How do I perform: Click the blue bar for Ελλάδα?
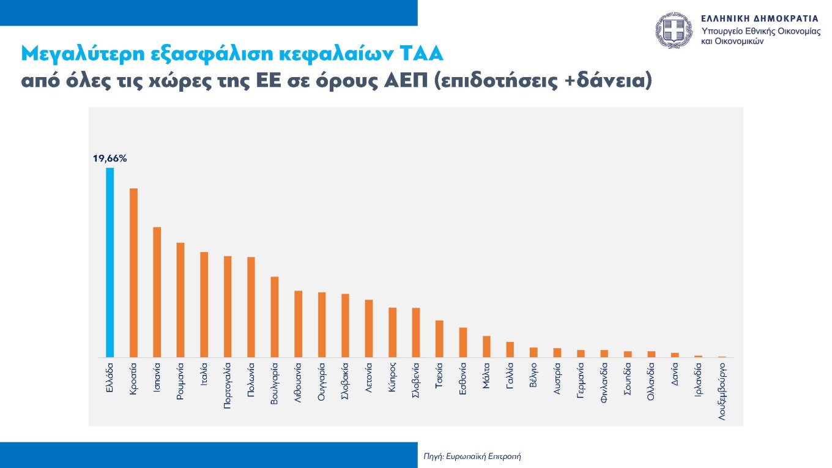tap(110, 262)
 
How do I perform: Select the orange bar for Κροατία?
tap(133, 273)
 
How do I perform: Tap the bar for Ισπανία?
tap(157, 292)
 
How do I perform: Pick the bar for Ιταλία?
tap(204, 305)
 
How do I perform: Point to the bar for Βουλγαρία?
tap(275, 317)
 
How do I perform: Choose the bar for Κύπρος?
tap(392, 332)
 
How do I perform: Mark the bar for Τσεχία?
tap(439, 339)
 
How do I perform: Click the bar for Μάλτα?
tap(486, 346)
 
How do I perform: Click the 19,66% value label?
tap(110, 158)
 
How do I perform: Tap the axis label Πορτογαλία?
tap(228, 385)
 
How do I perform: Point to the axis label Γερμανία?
tap(581, 381)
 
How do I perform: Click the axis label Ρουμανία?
tap(180, 382)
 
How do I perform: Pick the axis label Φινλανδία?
tap(604, 382)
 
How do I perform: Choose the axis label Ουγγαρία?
tap(322, 382)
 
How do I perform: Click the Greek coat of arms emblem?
tap(676, 31)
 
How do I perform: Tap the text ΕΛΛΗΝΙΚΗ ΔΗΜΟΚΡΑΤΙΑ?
tap(760, 18)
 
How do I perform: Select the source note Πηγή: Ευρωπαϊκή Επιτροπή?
tap(472, 456)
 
